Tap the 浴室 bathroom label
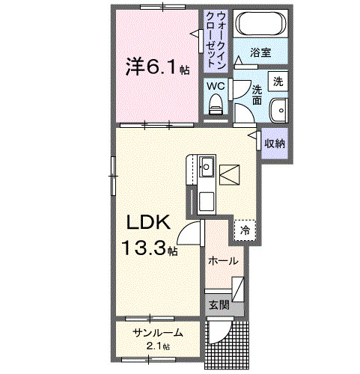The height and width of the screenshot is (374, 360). point(260,54)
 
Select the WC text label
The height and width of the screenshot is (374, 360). point(216,86)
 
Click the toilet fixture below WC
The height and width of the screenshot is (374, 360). point(216,106)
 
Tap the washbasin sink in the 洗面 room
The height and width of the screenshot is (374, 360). point(278,108)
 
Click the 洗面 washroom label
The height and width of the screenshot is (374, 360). point(257,93)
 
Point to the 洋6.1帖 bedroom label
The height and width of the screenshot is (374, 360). point(156,67)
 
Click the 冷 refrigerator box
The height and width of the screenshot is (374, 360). point(245,230)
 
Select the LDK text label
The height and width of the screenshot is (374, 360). point(148,223)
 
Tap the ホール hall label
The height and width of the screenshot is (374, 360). point(223,261)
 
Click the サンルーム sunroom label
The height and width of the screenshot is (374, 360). point(157,333)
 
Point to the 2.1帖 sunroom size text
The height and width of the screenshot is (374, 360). point(158,346)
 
